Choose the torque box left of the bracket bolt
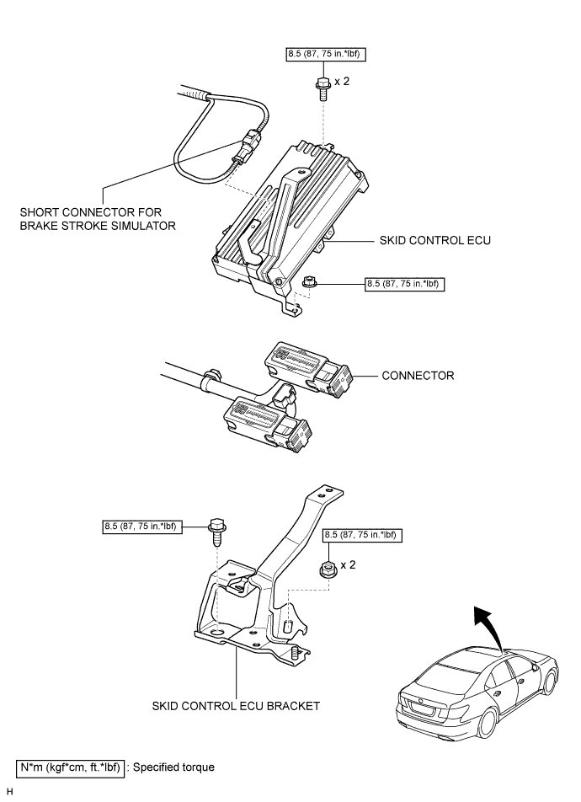[141, 528]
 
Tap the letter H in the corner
[9, 792]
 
